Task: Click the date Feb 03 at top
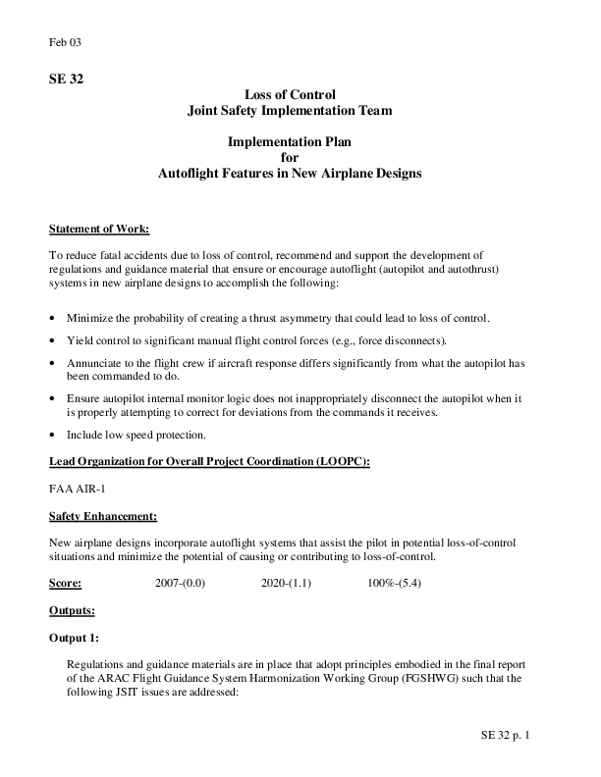tap(63, 42)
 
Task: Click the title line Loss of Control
tap(290, 95)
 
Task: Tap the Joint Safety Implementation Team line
tap(290, 111)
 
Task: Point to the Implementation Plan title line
tap(290, 142)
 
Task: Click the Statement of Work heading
tap(99, 230)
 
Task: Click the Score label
tap(65, 583)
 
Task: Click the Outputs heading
tap(72, 610)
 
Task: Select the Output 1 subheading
tap(74, 637)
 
